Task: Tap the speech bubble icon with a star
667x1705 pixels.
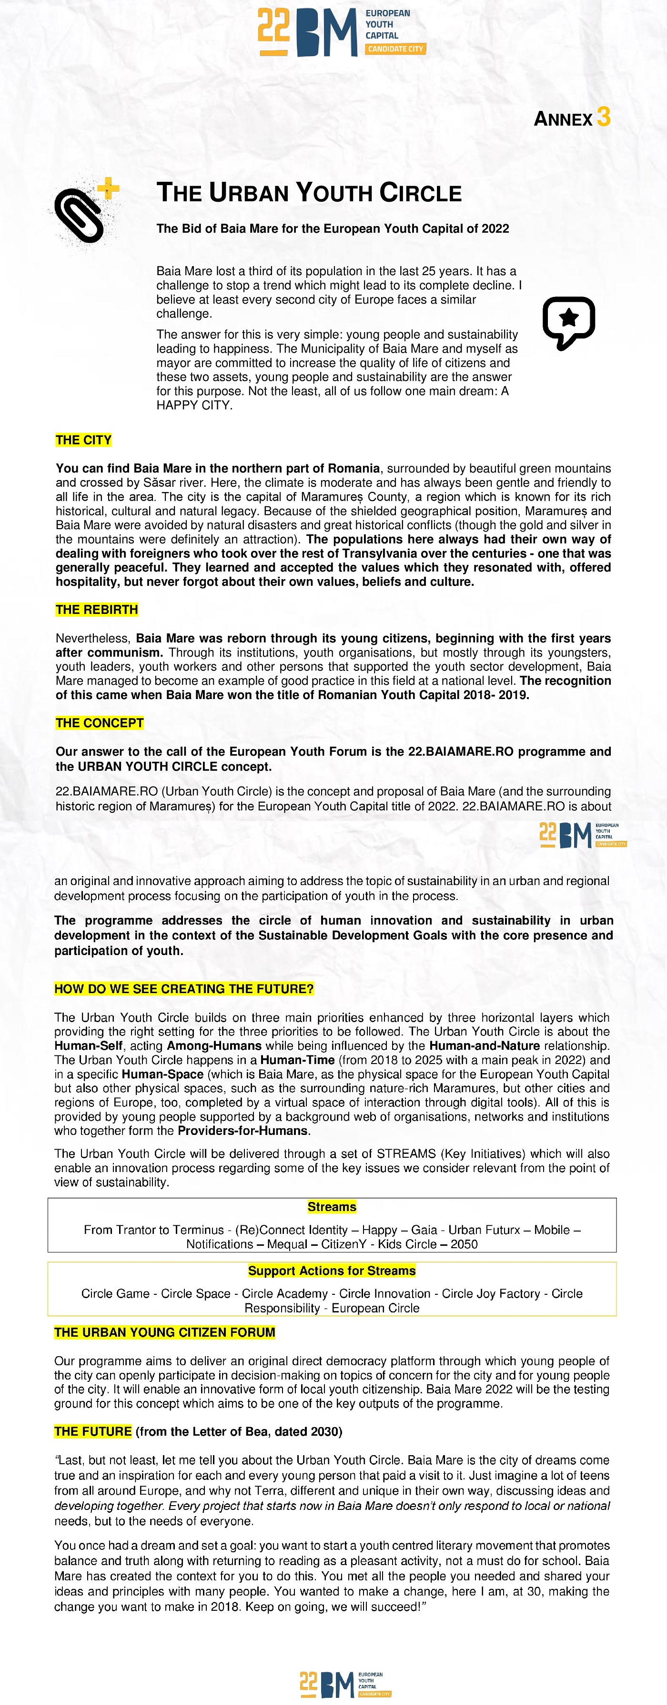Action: point(568,322)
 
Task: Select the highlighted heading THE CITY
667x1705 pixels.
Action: point(83,440)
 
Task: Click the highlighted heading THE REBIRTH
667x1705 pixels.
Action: point(97,610)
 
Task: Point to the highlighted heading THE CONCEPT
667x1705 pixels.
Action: point(100,723)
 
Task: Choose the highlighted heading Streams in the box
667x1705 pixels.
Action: point(332,1207)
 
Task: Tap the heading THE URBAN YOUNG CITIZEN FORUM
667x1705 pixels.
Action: point(164,1332)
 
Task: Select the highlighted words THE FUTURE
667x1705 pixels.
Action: point(93,1431)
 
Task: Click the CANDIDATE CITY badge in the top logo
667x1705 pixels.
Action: point(395,49)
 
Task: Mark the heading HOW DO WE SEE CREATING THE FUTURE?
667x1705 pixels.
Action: point(184,989)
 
